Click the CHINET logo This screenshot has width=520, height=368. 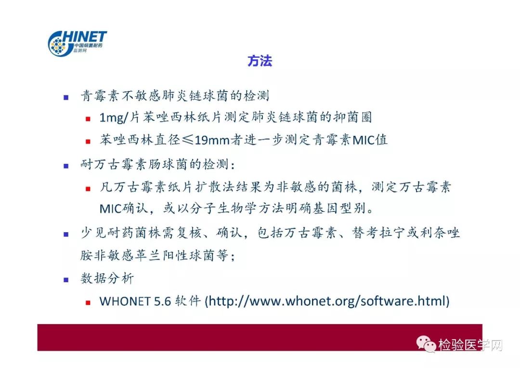pos(77,43)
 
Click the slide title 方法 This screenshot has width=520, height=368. pos(260,61)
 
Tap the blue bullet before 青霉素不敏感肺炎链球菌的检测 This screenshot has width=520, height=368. pos(66,97)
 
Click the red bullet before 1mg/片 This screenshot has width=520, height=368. pos(88,119)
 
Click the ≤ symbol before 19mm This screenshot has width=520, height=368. pos(188,140)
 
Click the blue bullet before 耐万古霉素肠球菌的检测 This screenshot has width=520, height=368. pos(66,166)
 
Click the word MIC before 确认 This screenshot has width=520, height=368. pos(111,209)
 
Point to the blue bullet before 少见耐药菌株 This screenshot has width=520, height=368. pos(66,234)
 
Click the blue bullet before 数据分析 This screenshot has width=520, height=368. pos(66,280)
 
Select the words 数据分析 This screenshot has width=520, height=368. pos(107,278)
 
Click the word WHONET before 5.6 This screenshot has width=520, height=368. pos(125,302)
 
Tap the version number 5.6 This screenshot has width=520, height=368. pos(163,302)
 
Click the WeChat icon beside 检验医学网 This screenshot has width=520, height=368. pos(426,343)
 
